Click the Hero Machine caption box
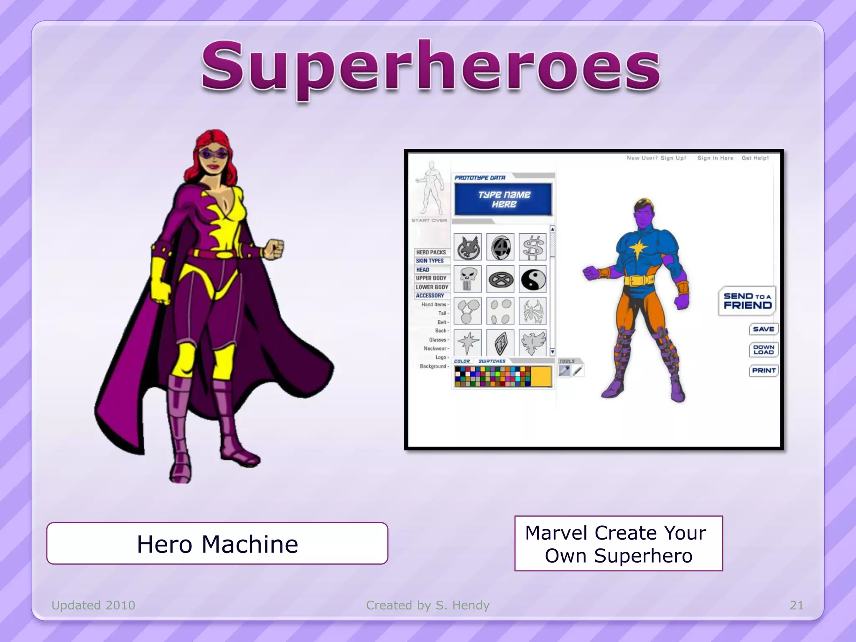217,544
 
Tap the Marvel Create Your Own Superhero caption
619,544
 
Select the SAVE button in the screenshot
763,329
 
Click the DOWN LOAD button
763,350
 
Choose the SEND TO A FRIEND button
747,301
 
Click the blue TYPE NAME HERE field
504,199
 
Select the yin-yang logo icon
532,279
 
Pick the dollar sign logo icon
532,247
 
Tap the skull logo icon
467,279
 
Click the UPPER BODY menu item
431,278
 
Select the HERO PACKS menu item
431,252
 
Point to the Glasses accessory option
438,340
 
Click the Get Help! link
755,158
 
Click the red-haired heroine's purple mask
213,153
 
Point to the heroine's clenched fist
274,249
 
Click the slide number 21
797,605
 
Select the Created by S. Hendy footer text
428,605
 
